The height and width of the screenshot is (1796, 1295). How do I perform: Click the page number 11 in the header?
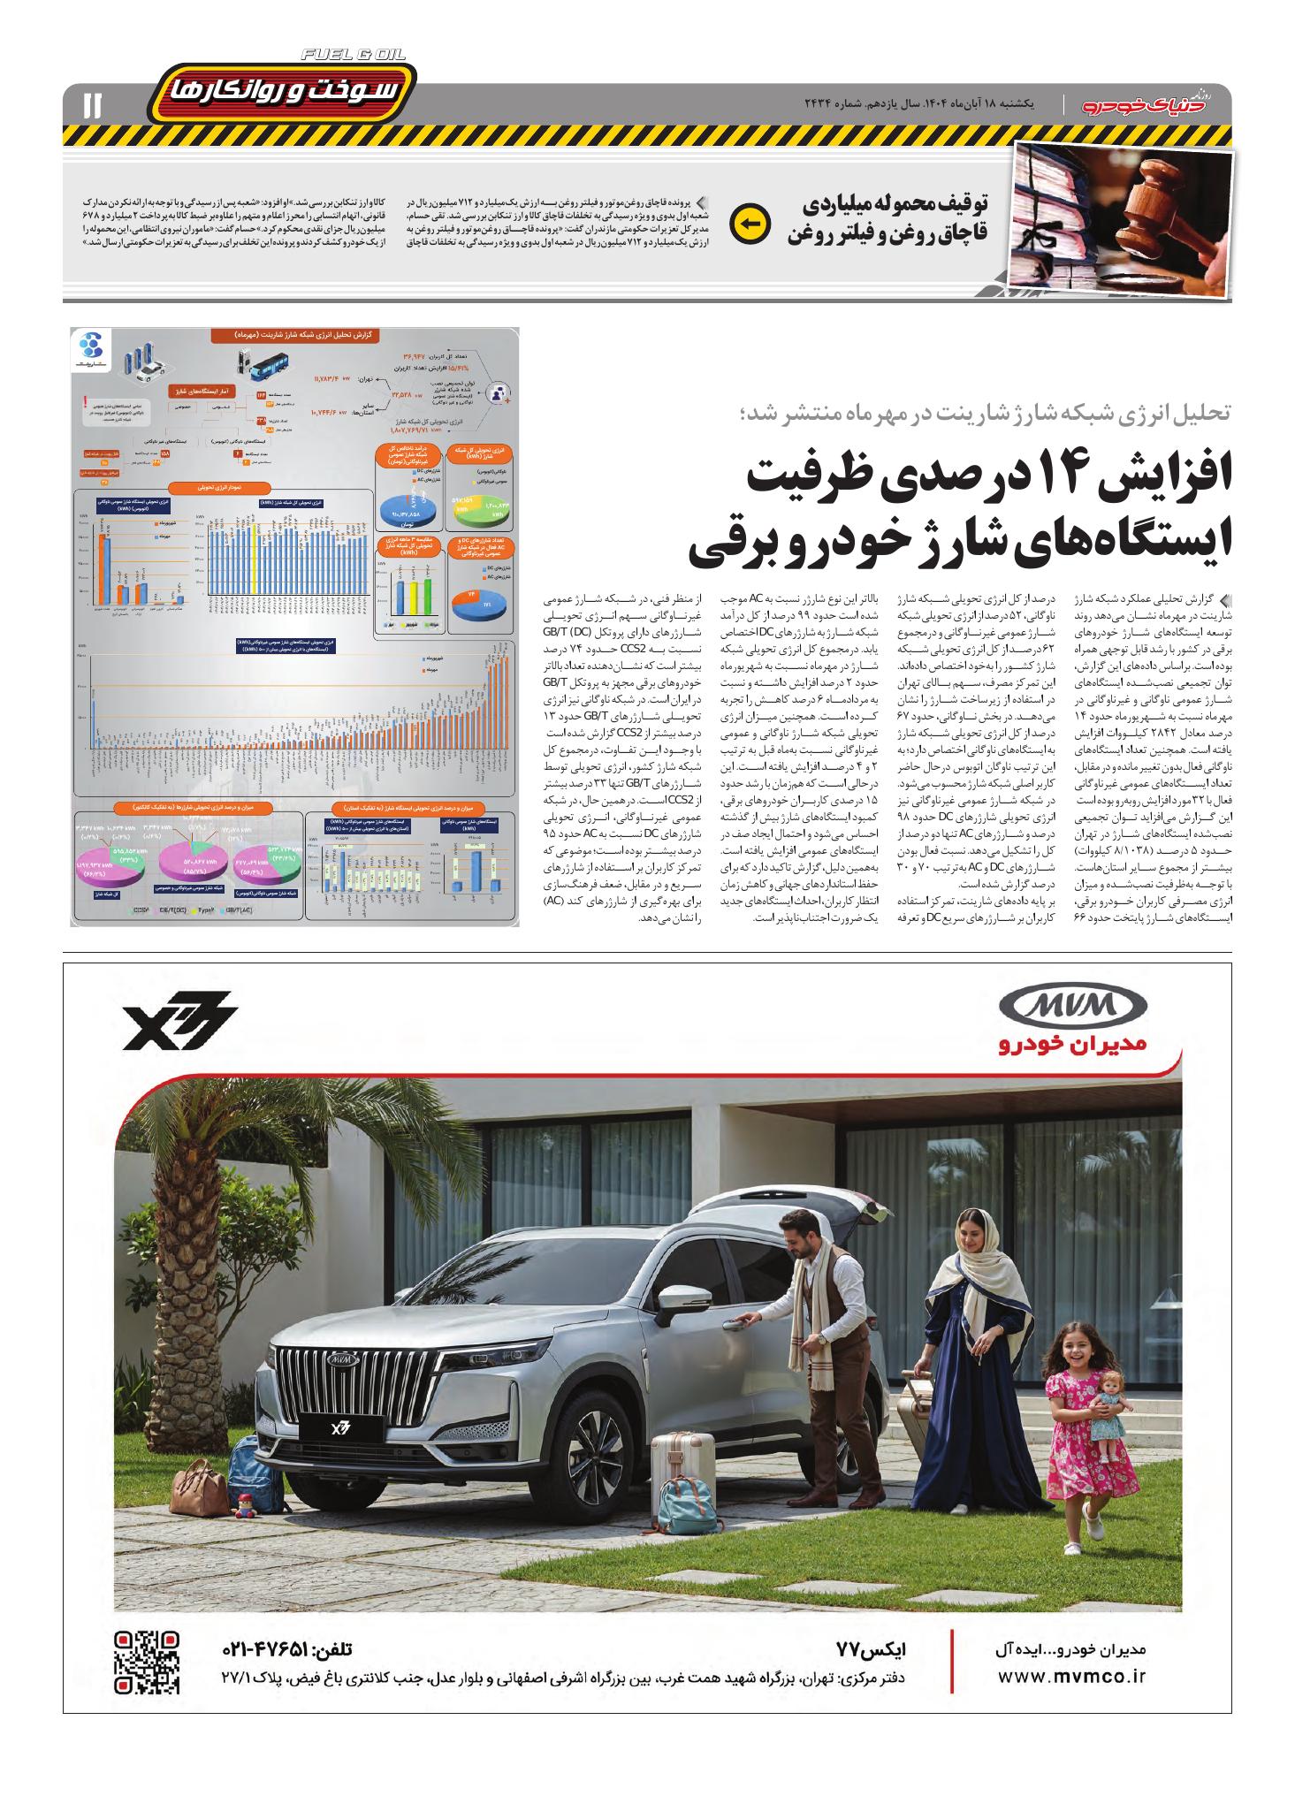pyautogui.click(x=92, y=105)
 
